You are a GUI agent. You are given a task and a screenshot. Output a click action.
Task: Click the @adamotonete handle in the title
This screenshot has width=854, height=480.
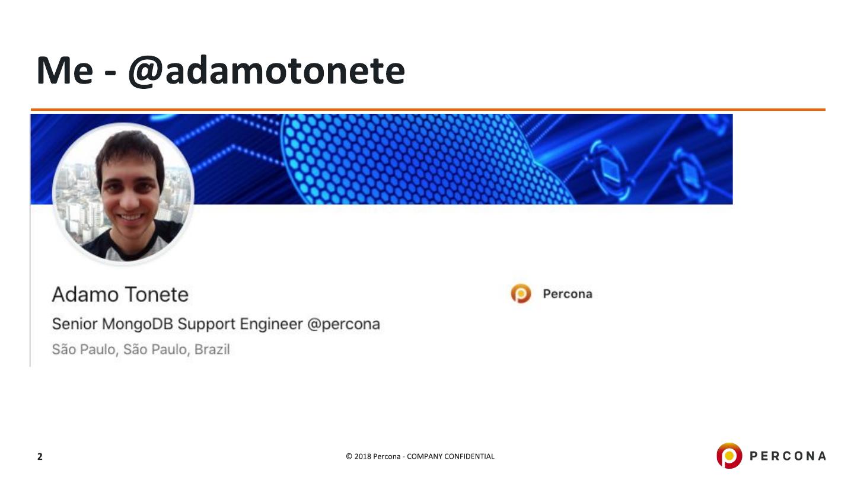point(266,71)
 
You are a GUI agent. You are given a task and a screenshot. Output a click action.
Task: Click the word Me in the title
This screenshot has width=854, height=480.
point(65,71)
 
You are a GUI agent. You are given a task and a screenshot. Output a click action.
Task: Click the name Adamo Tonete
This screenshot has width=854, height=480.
point(120,295)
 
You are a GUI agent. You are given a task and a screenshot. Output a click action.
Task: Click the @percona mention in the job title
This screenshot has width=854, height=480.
point(343,325)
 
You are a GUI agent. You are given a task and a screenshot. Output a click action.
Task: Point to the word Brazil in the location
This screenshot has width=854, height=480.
point(212,350)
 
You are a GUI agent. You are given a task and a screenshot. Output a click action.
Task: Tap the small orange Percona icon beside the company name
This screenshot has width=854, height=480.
point(521,294)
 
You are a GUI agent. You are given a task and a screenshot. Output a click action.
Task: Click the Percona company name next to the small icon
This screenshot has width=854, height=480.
point(568,294)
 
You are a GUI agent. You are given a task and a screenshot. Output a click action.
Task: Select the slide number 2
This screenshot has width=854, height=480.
point(40,456)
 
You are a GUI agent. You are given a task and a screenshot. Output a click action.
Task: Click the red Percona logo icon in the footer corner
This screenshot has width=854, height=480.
point(729,456)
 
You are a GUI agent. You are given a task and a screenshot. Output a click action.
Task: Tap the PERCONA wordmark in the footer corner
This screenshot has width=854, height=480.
point(788,456)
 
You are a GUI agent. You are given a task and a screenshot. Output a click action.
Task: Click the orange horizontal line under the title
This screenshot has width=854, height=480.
point(428,110)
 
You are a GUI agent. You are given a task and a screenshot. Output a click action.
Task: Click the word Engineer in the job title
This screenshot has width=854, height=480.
point(271,324)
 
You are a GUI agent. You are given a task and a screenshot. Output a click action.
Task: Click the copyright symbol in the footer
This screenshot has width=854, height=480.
point(349,456)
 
